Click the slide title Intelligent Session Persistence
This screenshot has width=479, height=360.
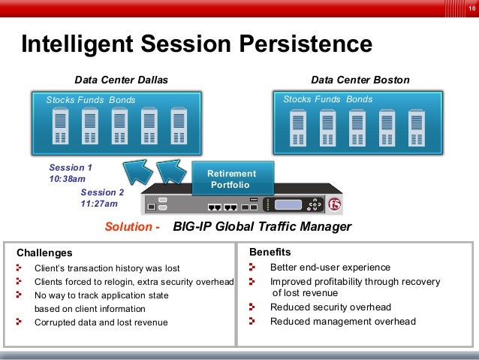coord(197,44)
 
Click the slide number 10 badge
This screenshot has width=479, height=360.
coord(470,7)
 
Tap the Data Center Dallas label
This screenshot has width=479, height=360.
coord(121,80)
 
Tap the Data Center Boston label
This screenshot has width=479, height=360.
coord(360,80)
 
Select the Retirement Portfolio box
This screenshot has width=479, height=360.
coord(233,179)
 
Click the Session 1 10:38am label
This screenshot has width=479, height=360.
coord(70,174)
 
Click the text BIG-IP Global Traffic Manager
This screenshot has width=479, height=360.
coord(262,227)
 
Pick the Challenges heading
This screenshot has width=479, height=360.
coord(44,253)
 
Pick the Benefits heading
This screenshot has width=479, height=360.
coord(270,253)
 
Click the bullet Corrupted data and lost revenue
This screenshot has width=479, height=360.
coord(101,322)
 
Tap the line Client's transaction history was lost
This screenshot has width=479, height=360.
coord(107,268)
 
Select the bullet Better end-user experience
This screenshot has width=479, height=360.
coord(330,267)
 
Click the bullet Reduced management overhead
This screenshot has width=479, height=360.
coord(342,322)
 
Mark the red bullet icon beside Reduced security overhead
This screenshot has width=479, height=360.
coord(253,307)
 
